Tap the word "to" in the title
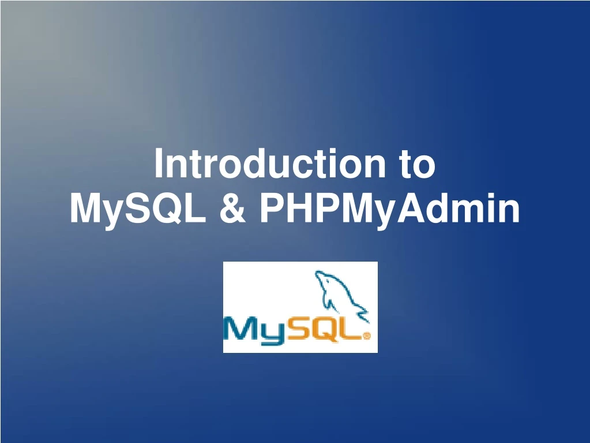[416, 165]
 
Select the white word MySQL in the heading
[138, 209]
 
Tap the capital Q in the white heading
[172, 209]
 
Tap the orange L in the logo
[351, 330]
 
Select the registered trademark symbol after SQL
[367, 335]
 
